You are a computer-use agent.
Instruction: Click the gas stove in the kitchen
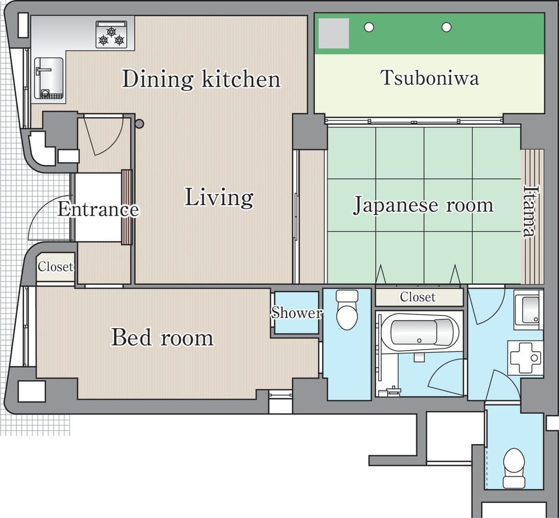pyautogui.click(x=111, y=34)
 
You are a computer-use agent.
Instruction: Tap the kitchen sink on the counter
pyautogui.click(x=49, y=78)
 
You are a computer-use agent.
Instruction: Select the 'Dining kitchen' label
pyautogui.click(x=201, y=79)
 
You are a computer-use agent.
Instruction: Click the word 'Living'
pyautogui.click(x=219, y=198)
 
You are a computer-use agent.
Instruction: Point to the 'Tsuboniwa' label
pyautogui.click(x=430, y=77)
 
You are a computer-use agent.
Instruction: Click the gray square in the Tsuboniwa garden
pyautogui.click(x=334, y=33)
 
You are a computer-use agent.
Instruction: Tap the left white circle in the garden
pyautogui.click(x=369, y=27)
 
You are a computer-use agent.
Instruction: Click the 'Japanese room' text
pyautogui.click(x=423, y=205)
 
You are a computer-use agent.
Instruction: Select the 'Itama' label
pyautogui.click(x=530, y=211)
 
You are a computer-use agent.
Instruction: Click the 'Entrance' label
pyautogui.click(x=98, y=209)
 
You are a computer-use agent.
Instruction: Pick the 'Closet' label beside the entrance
pyautogui.click(x=55, y=266)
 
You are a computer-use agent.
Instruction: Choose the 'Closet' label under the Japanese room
pyautogui.click(x=418, y=297)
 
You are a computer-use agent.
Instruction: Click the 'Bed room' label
pyautogui.click(x=162, y=337)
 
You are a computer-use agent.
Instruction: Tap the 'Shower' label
pyautogui.click(x=296, y=313)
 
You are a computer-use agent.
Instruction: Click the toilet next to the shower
pyautogui.click(x=347, y=309)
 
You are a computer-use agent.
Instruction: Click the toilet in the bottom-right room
pyautogui.click(x=514, y=468)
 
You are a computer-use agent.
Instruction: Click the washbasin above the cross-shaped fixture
pyautogui.click(x=528, y=309)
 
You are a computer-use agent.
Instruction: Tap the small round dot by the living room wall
pyautogui.click(x=139, y=124)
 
